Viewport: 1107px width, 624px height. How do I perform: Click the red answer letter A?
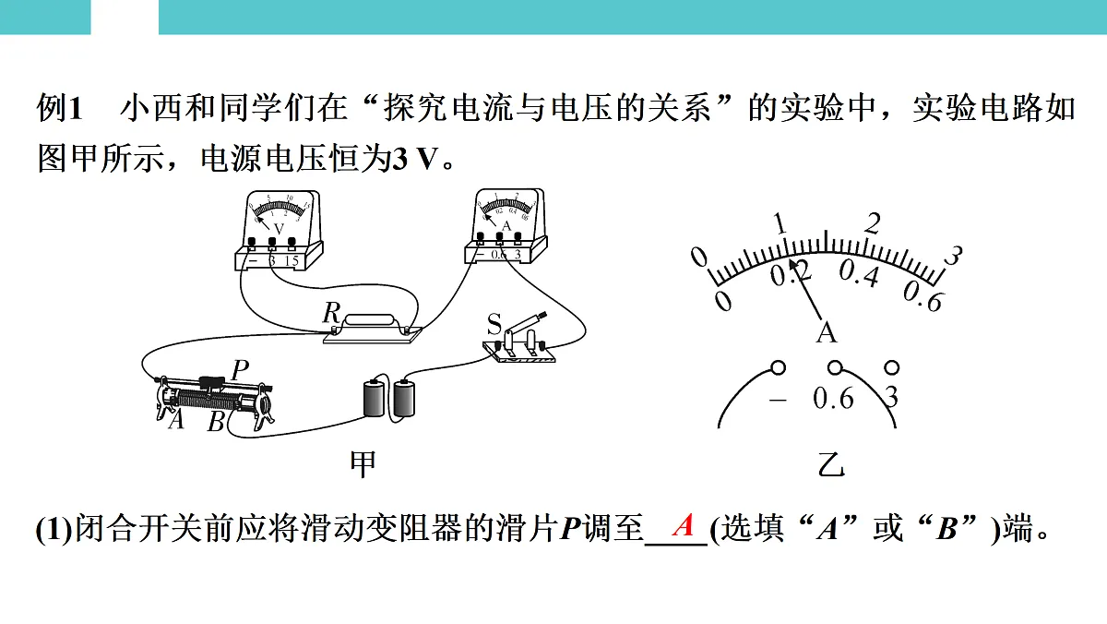[x=684, y=526]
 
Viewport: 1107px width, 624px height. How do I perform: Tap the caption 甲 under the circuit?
[x=363, y=464]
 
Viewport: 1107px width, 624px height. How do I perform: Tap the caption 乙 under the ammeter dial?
[x=831, y=466]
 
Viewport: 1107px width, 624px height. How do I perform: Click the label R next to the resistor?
[x=331, y=313]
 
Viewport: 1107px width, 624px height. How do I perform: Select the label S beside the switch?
[x=494, y=323]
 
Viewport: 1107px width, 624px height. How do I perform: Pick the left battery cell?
[x=374, y=399]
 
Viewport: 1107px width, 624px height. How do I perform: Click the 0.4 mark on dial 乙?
[x=859, y=274]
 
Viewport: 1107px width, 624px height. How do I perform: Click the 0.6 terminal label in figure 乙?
[x=833, y=399]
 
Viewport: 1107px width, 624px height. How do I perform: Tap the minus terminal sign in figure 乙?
[x=779, y=400]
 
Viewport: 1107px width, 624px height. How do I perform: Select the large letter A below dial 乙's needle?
[x=827, y=332]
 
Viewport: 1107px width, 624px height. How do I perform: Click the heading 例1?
[x=60, y=110]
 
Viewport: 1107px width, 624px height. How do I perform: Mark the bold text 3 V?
[x=411, y=159]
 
